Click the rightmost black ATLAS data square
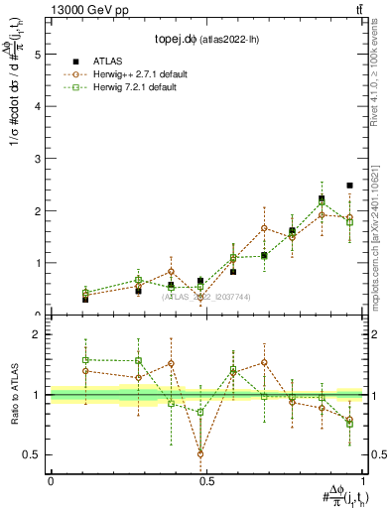[349, 186]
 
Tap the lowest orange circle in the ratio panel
[201, 454]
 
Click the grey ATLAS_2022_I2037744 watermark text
[206, 296]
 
